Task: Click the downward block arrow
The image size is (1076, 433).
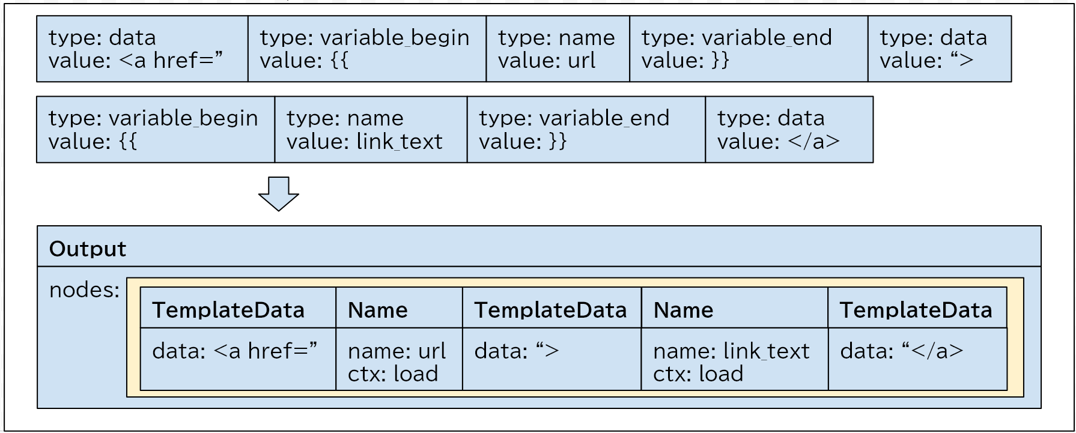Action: point(279,193)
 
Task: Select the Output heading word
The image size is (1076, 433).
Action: point(88,249)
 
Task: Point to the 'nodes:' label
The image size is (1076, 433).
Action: point(85,290)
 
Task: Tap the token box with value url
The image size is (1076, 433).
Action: point(558,49)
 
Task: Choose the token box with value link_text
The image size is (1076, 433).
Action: point(371,129)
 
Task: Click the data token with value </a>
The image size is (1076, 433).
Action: point(789,129)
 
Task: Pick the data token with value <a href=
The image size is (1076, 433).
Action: point(142,49)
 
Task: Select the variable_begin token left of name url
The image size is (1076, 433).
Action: point(367,49)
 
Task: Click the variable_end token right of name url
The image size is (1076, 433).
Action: point(749,49)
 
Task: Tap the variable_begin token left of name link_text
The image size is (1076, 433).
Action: point(156,129)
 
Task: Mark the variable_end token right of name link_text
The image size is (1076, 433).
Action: point(586,129)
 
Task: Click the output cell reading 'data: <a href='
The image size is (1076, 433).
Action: point(238,359)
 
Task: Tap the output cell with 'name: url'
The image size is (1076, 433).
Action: point(399,359)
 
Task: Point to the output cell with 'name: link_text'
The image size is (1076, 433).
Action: point(735,359)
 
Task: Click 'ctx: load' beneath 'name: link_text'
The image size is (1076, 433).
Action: point(698,374)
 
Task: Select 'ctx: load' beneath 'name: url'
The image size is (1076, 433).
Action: point(393,374)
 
